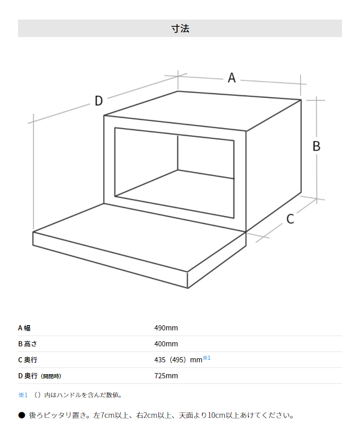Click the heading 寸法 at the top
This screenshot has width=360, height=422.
(180, 28)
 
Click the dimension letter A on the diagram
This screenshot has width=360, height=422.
(232, 78)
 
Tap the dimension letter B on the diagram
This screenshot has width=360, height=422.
(316, 146)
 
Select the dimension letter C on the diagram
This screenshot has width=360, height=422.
(290, 219)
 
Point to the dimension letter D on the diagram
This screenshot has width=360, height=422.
(99, 101)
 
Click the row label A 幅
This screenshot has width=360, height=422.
(28, 328)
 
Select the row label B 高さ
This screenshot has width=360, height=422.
(31, 344)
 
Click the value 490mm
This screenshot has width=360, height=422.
(166, 328)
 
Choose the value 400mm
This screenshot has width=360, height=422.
(166, 344)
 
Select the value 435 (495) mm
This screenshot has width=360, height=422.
(178, 360)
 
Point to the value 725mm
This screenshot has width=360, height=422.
(166, 376)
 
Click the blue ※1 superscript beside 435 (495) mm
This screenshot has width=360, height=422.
(207, 358)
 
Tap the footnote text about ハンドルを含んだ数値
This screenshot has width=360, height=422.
(77, 395)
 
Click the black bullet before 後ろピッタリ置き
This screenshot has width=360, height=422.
(22, 415)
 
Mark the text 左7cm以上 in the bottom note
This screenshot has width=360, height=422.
(110, 415)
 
